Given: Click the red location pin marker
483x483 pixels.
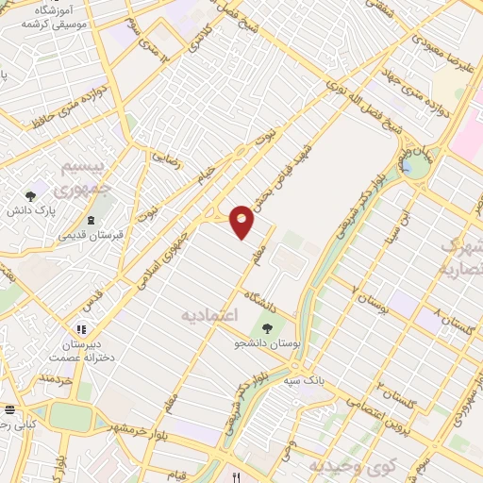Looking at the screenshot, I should pos(242,221).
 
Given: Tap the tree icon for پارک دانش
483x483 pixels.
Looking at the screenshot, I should pos(31,196).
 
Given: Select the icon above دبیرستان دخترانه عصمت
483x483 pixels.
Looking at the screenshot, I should pos(82,328).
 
